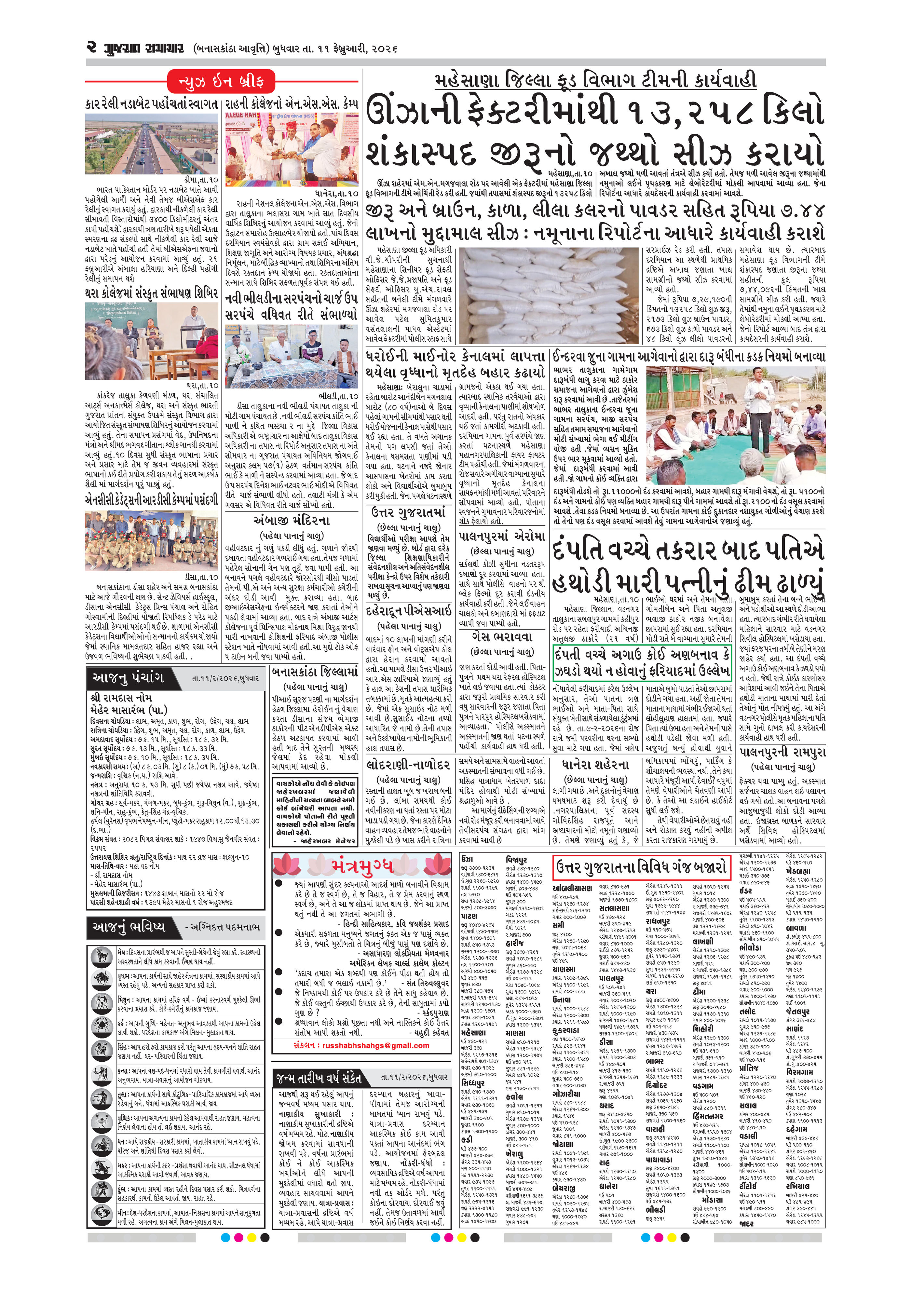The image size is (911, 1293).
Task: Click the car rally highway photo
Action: pos(152,146)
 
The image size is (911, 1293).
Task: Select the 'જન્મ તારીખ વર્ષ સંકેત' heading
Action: pos(319,1079)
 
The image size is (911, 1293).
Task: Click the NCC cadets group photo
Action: pos(152,541)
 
